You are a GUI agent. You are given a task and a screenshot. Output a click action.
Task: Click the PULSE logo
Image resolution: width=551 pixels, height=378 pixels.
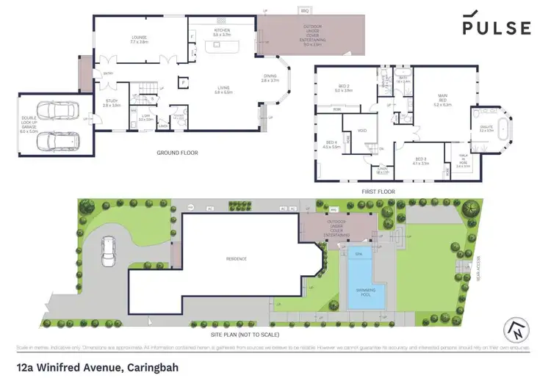496,28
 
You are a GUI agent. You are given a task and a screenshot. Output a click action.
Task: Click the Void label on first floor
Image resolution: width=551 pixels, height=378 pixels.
361,132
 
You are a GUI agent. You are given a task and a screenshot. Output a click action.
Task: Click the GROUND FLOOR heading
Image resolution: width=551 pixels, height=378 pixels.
179,153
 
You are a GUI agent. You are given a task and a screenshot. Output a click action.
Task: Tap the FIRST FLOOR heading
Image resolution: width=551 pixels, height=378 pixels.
378,192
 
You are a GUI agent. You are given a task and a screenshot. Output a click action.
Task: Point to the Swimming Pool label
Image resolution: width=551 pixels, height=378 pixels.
359,291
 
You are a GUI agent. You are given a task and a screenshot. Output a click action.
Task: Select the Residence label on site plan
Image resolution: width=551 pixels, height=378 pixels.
237,258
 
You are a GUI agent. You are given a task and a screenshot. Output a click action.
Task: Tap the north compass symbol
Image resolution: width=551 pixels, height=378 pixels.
516,330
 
